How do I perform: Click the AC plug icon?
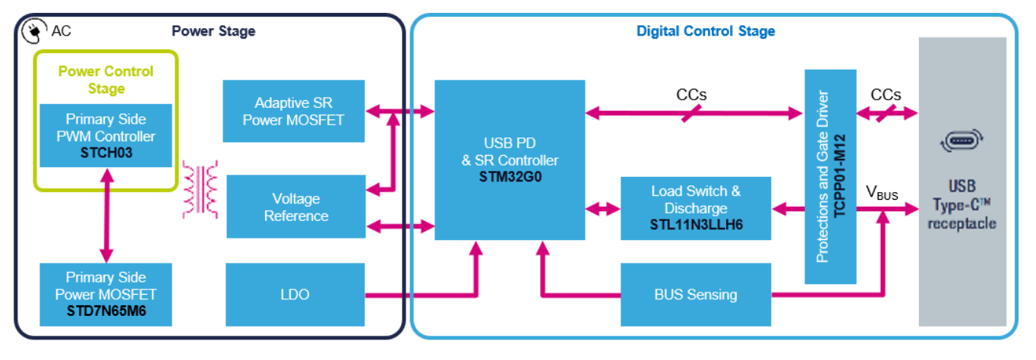coord(34,30)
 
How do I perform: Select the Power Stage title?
coord(213,31)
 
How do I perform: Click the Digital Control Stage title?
coord(706,31)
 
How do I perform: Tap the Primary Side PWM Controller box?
coord(106,135)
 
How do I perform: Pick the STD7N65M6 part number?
coord(106,310)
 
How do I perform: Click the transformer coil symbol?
coord(201,189)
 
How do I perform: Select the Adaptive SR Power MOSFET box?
coord(294,111)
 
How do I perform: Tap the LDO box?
coord(294,294)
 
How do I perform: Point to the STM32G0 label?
coord(510,178)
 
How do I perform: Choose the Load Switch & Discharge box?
coord(696,207)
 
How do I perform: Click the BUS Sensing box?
coord(696,295)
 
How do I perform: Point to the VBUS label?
coord(882,193)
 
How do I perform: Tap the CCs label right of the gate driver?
coord(886,95)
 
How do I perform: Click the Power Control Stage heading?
coord(106,80)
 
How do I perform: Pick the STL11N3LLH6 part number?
coord(696,225)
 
